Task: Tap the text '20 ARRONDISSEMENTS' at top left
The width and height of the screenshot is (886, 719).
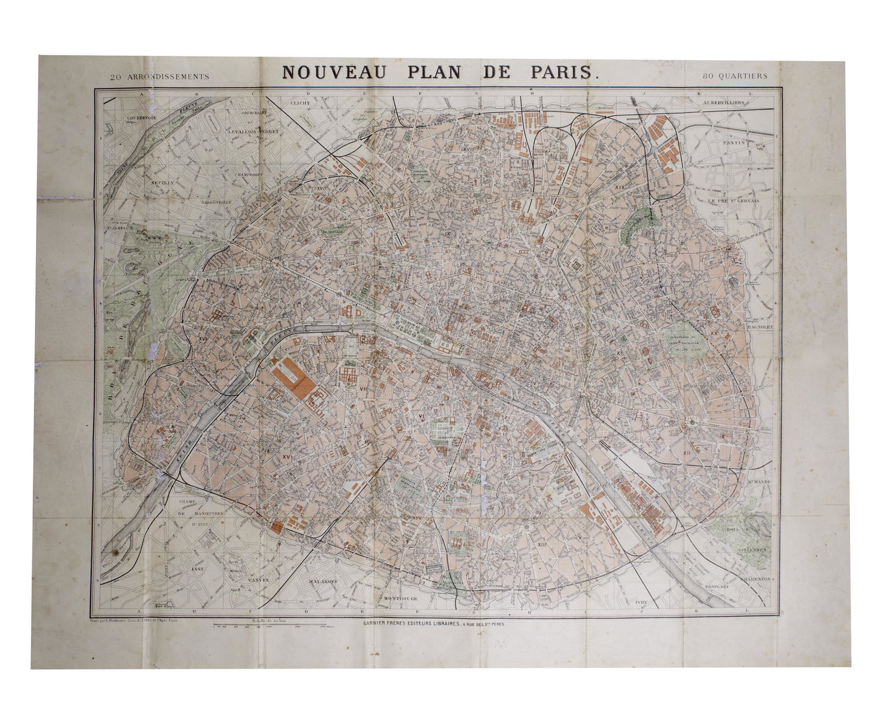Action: [159, 77]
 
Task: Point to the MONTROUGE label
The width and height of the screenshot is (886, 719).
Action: [399, 599]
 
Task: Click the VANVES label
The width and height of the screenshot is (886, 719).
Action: [259, 580]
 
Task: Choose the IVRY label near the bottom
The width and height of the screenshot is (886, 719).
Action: [642, 600]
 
